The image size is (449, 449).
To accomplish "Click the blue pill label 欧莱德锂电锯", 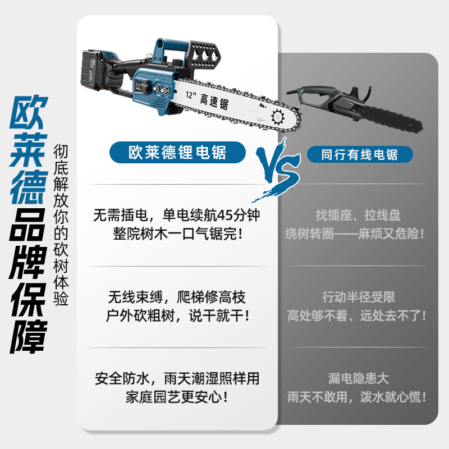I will (x=177, y=152).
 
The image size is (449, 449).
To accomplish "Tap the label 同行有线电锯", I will (x=360, y=154).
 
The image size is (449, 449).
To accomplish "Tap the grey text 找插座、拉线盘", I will (x=358, y=216).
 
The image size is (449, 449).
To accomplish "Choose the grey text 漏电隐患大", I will (x=358, y=378).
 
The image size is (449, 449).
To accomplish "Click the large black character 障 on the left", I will (x=28, y=336).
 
